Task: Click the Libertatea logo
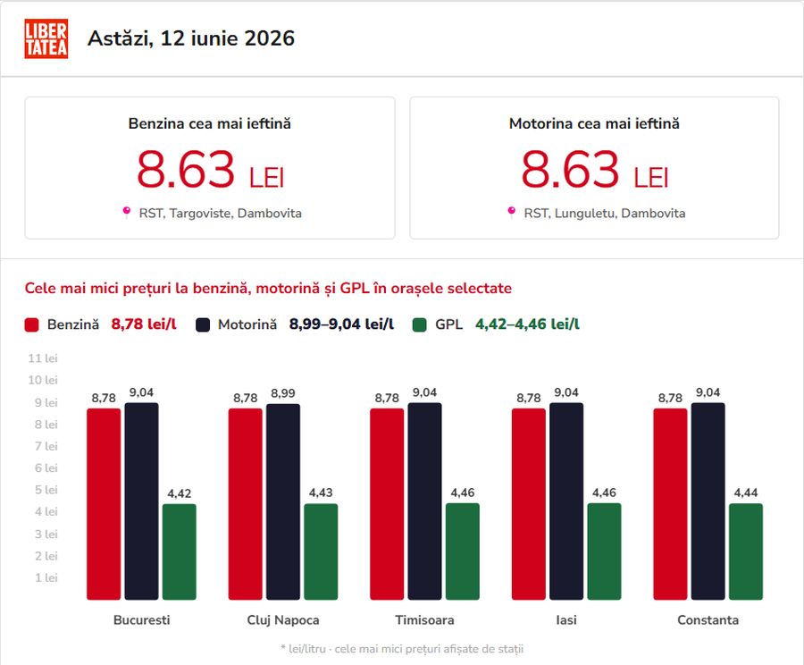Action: click(46, 38)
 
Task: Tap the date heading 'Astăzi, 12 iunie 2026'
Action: click(191, 38)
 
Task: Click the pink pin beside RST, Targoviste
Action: click(126, 212)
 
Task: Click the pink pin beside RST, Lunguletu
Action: click(511, 212)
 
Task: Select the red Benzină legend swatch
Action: click(31, 324)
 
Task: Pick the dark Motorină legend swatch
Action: click(203, 324)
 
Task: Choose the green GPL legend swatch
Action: click(420, 324)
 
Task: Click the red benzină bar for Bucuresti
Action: click(104, 504)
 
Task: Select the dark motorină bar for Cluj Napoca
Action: click(283, 501)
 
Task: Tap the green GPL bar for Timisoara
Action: click(463, 551)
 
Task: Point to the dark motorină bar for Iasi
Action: click(566, 501)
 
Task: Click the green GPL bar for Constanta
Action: click(746, 551)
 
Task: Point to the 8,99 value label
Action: click(283, 393)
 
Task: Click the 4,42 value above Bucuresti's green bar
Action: click(179, 493)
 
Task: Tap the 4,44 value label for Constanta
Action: click(746, 493)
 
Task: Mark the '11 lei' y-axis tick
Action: click(43, 358)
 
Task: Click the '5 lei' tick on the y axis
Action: click(46, 490)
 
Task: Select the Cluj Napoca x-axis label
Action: click(283, 619)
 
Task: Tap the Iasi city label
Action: click(566, 619)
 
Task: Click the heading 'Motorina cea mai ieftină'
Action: click(594, 123)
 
